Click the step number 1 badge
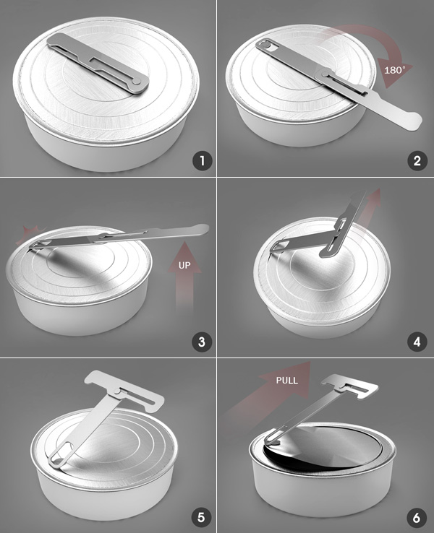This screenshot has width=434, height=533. pos(203,161)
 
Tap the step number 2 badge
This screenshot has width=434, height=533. pos(417,161)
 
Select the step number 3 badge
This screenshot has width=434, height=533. pos(202,342)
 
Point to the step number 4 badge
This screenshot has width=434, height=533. pos(417,342)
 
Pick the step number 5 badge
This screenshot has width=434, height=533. pos(202,518)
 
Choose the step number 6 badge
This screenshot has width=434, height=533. pos(417,518)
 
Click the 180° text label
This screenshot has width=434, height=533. pos(395,70)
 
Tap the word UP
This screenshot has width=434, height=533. pos(185,265)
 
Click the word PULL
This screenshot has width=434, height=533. pos(287,381)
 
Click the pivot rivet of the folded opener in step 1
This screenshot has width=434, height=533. pos(136,81)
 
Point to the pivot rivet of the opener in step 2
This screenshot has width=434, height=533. pos(325,74)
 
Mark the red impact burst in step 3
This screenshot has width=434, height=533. pos(30,235)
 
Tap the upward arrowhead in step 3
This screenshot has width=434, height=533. pos(184,257)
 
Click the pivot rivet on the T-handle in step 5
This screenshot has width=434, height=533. pos(117,391)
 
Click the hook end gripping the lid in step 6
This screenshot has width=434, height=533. pos(271,441)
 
